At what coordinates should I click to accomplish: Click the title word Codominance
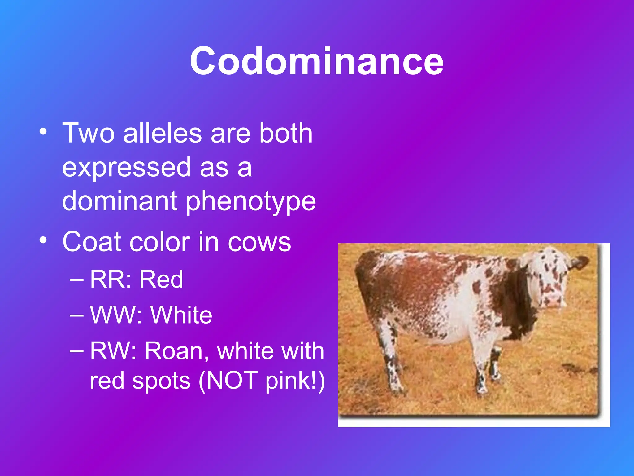point(316,61)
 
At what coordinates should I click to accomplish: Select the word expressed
point(126,168)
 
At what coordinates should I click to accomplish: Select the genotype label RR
point(109,279)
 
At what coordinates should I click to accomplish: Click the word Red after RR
point(161,279)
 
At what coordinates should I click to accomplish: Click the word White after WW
point(181,315)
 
